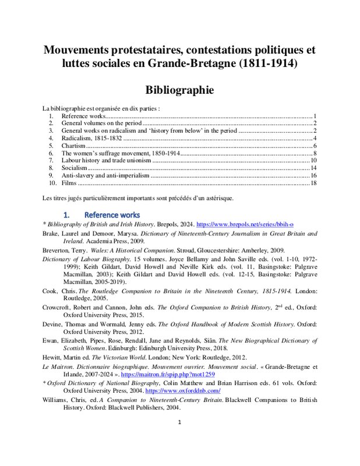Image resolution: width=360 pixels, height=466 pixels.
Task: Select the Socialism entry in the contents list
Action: tap(75, 167)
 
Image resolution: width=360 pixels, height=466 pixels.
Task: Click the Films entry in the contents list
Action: tap(70, 183)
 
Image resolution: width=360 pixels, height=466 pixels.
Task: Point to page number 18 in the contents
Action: tap(313, 183)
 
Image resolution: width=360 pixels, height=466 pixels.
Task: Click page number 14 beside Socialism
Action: tap(313, 167)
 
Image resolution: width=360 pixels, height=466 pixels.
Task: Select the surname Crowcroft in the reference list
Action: tap(59, 307)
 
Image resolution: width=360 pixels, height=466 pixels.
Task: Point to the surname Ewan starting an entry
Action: tap(51, 340)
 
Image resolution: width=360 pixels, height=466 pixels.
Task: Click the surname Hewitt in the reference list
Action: tap(54, 357)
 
